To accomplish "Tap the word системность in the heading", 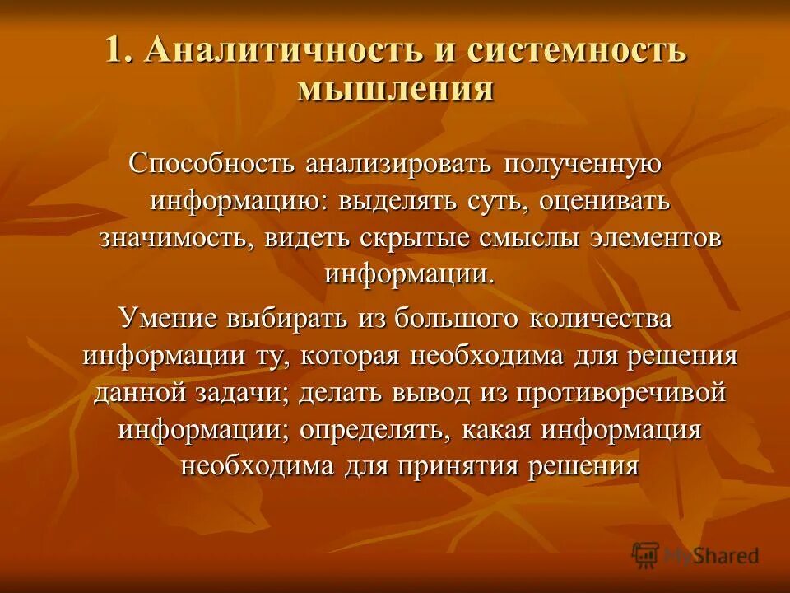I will click(577, 51).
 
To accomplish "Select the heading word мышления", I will click(395, 87).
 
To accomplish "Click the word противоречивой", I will click(621, 393).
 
